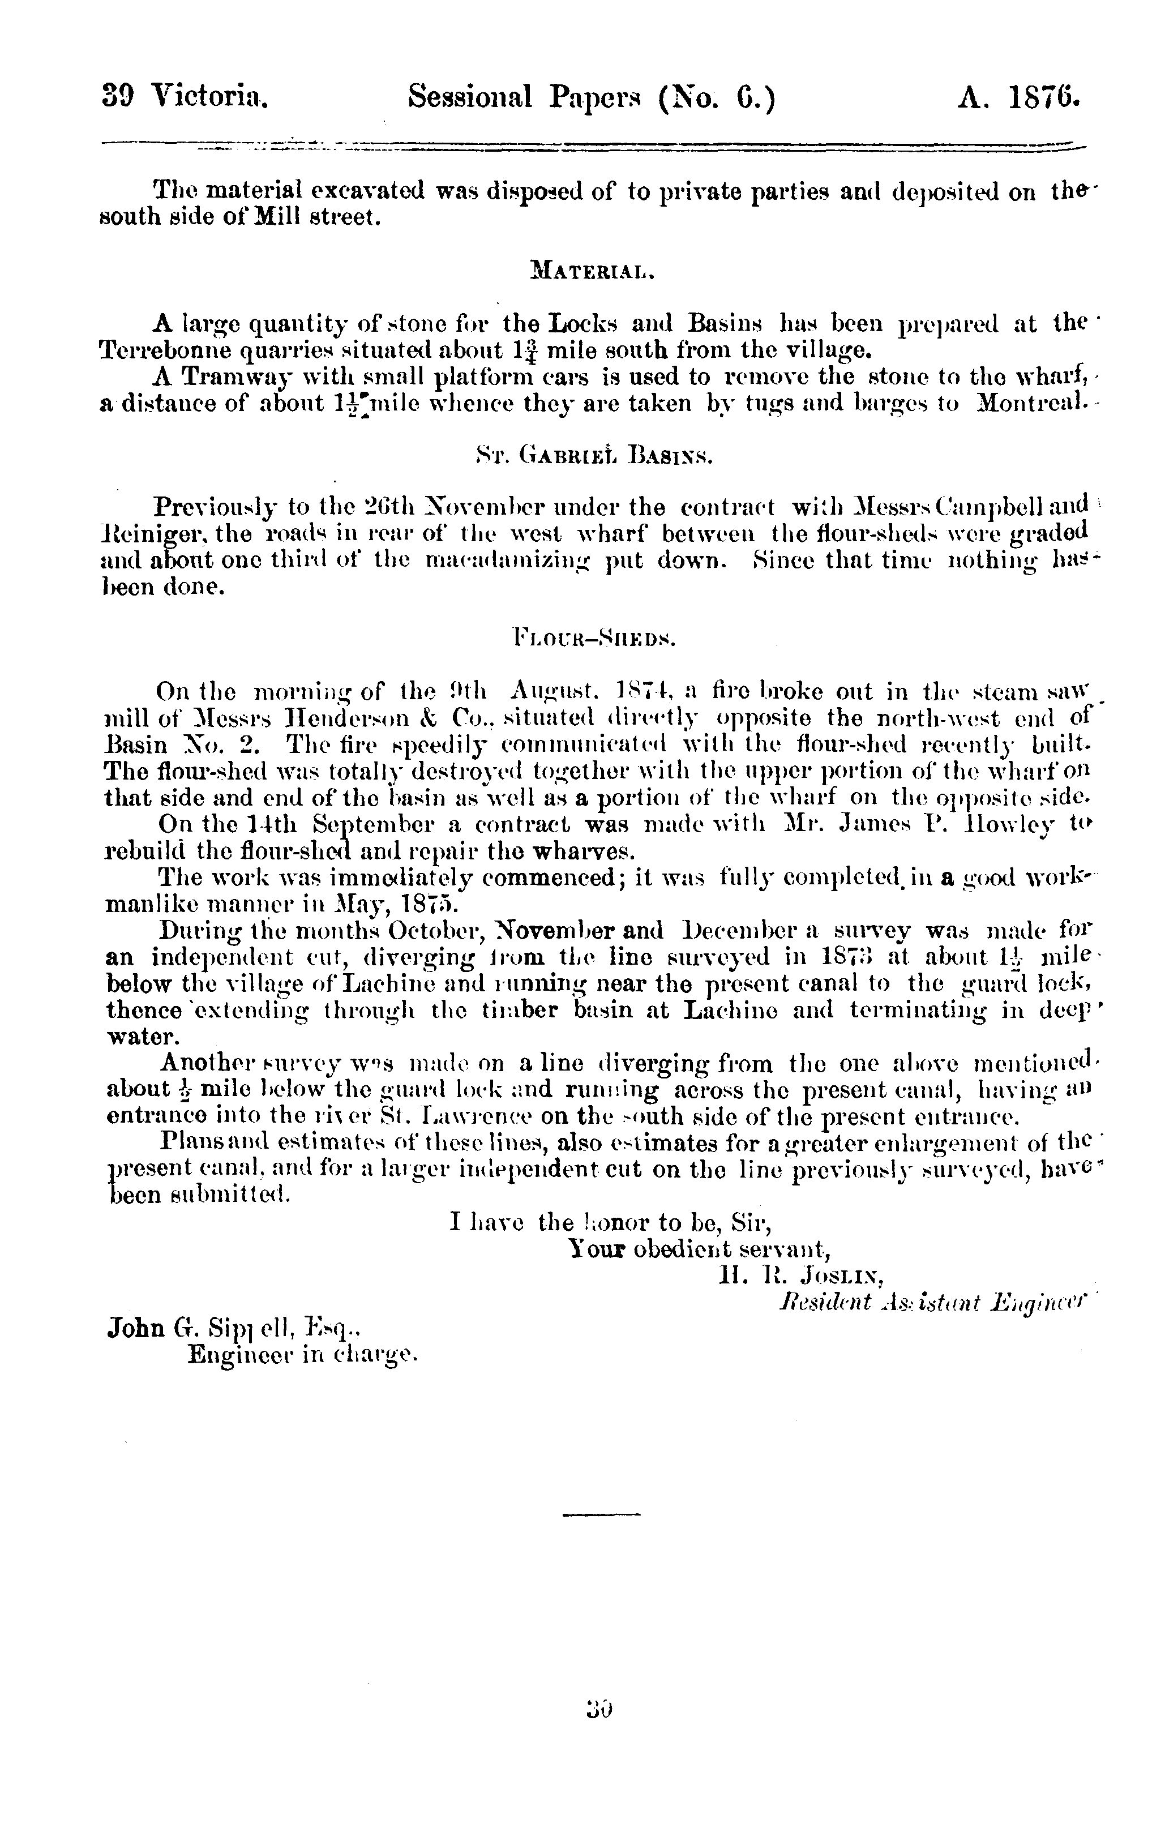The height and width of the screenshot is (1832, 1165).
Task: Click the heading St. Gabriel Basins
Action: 593,456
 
